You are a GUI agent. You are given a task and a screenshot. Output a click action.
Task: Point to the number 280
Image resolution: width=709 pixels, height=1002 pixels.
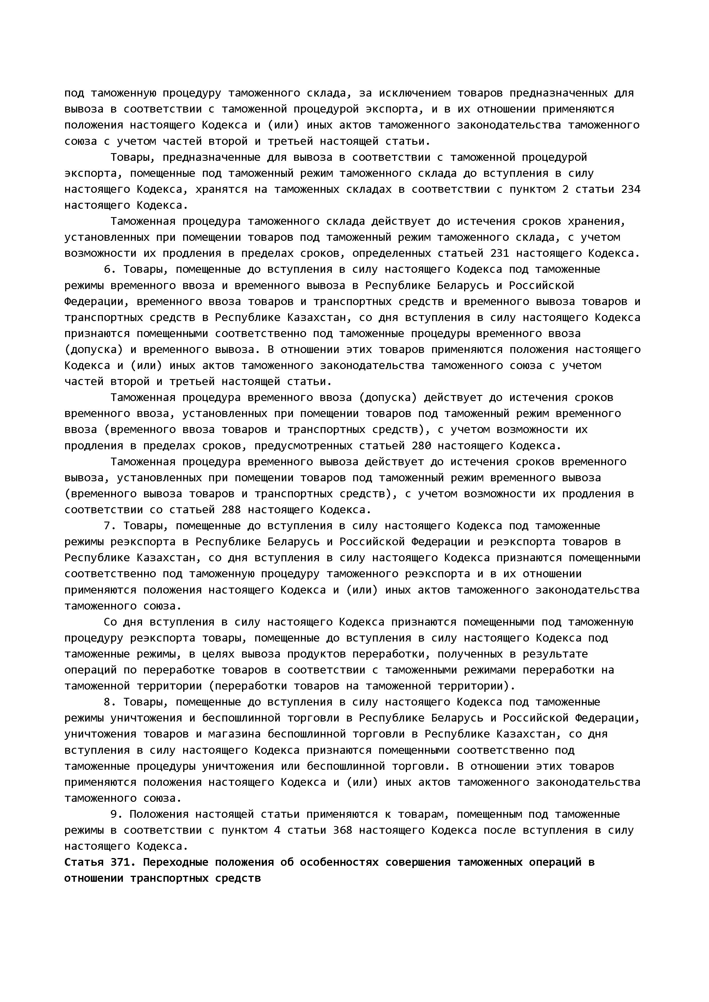tap(421, 446)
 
